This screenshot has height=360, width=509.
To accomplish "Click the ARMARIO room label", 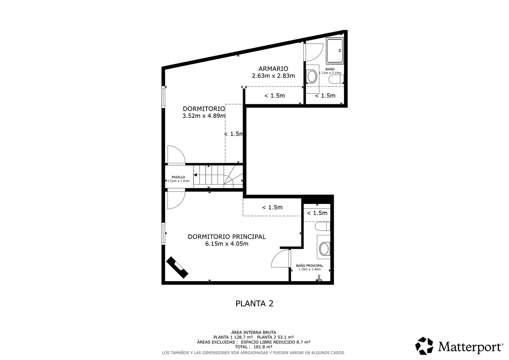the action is pos(273,69).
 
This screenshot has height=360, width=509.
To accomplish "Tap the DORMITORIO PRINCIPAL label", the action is pos(227,237).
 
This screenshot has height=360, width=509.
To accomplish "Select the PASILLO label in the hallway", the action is pos(179,177).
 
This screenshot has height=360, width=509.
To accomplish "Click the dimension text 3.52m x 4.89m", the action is pos(204,116).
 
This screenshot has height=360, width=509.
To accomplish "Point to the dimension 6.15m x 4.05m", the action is pos(227,244).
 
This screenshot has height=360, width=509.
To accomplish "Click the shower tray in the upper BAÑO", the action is pos(335,51).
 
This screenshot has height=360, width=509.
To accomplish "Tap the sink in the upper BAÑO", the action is pos(312,76).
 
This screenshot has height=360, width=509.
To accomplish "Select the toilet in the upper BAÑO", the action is pos(336,79).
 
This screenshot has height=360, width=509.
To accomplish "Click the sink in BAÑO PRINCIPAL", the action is pos(324,249).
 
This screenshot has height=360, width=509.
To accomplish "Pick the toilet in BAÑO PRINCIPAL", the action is pos(322,226).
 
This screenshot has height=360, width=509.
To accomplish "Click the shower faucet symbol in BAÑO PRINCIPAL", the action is pos(319,278).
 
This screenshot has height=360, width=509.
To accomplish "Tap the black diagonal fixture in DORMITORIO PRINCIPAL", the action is pos(177,267).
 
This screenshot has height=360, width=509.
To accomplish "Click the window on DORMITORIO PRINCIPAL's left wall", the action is pos(163,234).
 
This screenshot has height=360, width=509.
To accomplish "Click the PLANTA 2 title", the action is pos(254,304).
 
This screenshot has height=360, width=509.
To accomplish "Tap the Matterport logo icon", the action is pos(424,346).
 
